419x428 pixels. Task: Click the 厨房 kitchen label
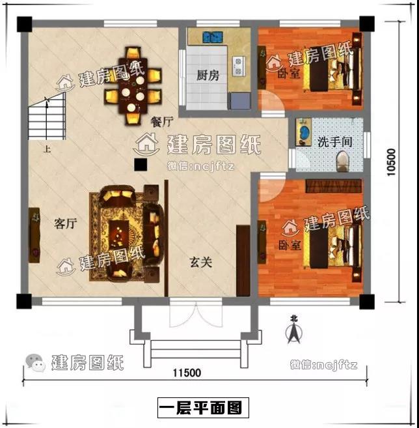click(208, 76)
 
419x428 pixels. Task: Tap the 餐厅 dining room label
click(162, 122)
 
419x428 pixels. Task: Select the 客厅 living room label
click(66, 223)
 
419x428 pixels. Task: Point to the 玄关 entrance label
click(201, 263)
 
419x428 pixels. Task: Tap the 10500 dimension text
click(391, 162)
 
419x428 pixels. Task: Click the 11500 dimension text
click(187, 373)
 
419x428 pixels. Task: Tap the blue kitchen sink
click(213, 37)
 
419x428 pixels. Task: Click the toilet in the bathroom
click(343, 162)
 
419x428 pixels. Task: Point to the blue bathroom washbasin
click(303, 132)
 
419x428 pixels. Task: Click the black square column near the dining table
click(141, 165)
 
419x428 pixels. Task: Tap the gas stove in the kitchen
click(238, 66)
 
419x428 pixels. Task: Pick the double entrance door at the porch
click(196, 313)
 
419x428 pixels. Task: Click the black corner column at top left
click(25, 24)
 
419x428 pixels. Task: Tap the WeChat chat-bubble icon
click(35, 363)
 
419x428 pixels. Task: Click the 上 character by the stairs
click(47, 149)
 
